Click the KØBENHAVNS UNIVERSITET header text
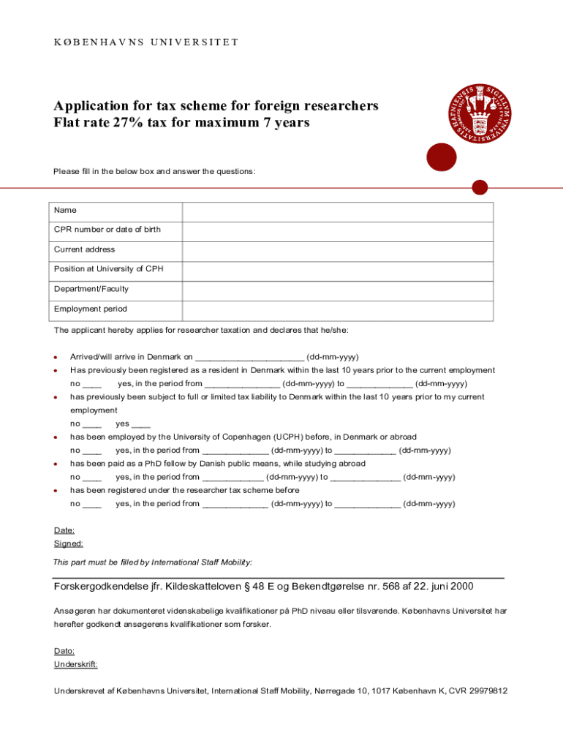pyautogui.click(x=146, y=42)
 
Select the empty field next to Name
pyautogui.click(x=337, y=211)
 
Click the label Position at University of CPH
pyautogui.click(x=108, y=269)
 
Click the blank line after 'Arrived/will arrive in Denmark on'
pyautogui.click(x=249, y=358)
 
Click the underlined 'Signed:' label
pyautogui.click(x=68, y=543)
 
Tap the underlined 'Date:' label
pyautogui.click(x=64, y=530)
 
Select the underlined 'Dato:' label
pyautogui.click(x=64, y=651)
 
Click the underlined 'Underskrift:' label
pyautogui.click(x=76, y=664)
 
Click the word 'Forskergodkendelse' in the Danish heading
pyautogui.click(x=100, y=587)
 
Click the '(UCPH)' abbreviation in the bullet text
pyautogui.click(x=292, y=437)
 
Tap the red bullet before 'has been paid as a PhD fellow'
pyautogui.click(x=56, y=464)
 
